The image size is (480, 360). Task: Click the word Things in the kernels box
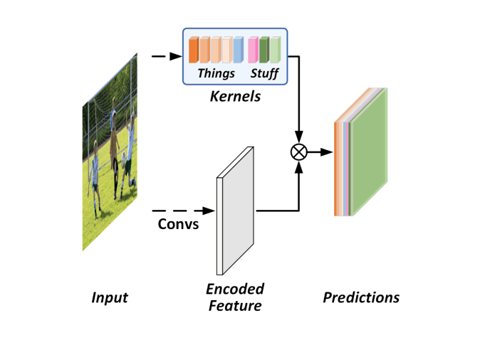point(216,73)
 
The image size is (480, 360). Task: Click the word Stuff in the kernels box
point(264,73)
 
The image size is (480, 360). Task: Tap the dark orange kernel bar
point(193,51)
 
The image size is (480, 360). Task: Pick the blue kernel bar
point(238,51)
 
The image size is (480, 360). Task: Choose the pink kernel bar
point(252,51)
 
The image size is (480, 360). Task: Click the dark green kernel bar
point(264,51)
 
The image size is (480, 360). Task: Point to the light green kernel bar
point(275,51)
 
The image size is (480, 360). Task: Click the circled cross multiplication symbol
point(299,152)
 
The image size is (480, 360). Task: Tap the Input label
point(110,297)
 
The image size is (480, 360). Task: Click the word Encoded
point(235,289)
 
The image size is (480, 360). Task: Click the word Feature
point(235,306)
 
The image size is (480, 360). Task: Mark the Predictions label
point(361,297)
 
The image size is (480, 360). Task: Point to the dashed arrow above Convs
point(182,211)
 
